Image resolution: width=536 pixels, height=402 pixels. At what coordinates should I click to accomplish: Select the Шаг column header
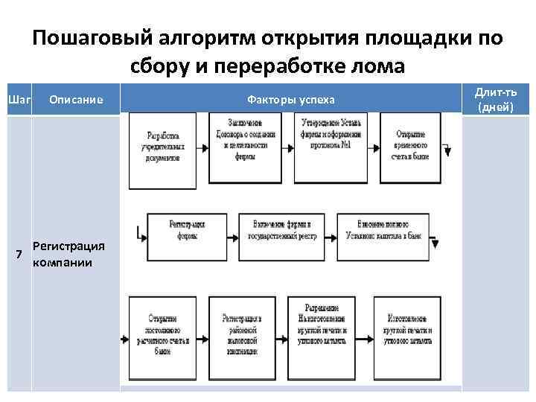18,100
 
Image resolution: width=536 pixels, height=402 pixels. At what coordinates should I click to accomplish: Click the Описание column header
75,100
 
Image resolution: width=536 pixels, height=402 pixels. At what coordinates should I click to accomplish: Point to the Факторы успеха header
290,100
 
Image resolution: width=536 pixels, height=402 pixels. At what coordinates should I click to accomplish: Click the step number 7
19,255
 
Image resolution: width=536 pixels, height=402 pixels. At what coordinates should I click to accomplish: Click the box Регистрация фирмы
187,229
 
